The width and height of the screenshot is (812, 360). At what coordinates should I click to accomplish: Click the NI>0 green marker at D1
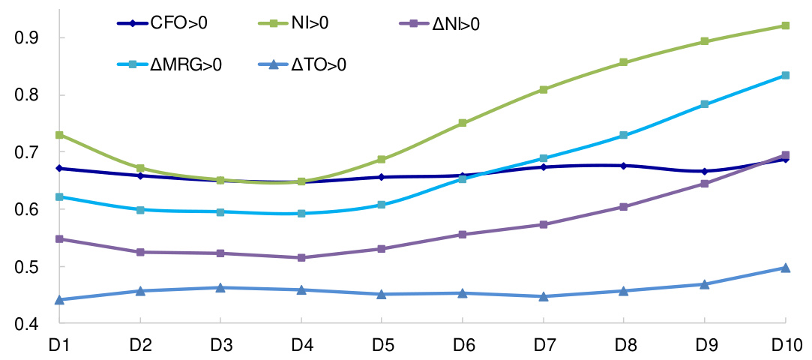pyautogui.click(x=59, y=135)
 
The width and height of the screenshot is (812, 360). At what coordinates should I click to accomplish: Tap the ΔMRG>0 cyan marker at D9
pyautogui.click(x=705, y=104)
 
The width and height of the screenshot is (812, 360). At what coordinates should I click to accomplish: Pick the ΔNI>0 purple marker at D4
pyautogui.click(x=301, y=257)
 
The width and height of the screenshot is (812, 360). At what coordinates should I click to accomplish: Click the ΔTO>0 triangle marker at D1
pyautogui.click(x=59, y=299)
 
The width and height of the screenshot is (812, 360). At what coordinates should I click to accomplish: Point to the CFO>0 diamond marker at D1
pyautogui.click(x=59, y=168)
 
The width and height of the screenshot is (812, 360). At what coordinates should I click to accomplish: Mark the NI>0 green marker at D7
pyautogui.click(x=544, y=89)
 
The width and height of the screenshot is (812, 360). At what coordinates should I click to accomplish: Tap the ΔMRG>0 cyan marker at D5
pyautogui.click(x=382, y=205)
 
